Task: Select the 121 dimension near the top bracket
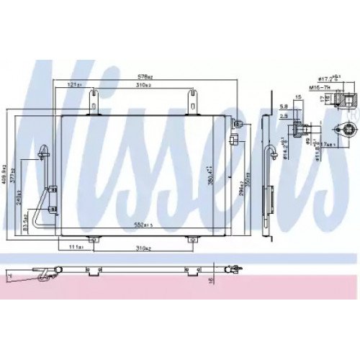pos(73,85)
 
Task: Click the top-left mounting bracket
pos(92,102)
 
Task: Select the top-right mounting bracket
pos(194,102)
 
